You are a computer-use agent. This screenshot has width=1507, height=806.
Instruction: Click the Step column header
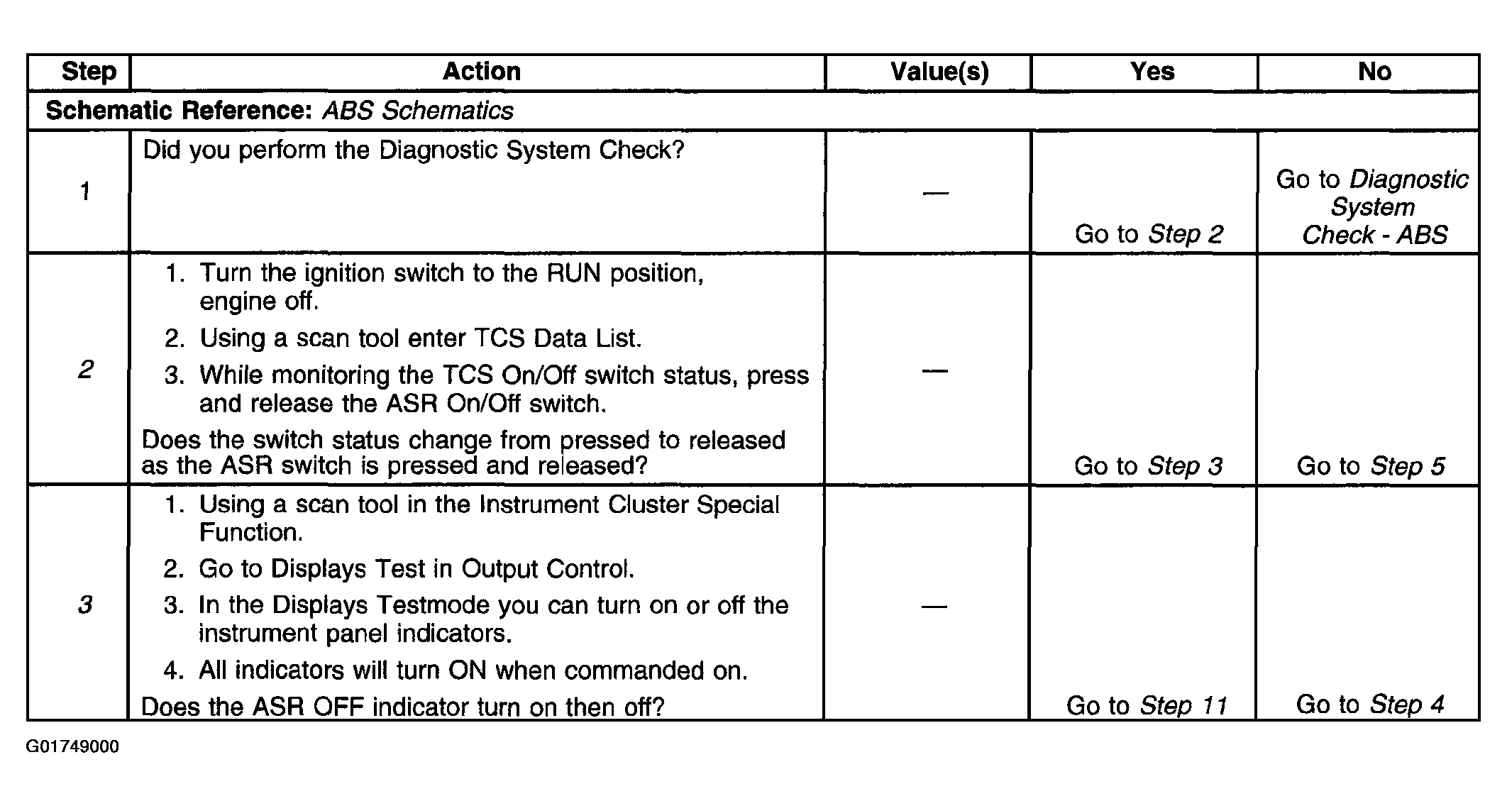tap(89, 72)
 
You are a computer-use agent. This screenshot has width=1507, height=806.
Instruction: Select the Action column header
tap(482, 72)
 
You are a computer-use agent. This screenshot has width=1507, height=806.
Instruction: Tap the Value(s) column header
tap(939, 72)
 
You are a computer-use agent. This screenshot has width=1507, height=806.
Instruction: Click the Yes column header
tap(1152, 72)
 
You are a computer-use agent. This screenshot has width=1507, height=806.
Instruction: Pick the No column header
tap(1374, 72)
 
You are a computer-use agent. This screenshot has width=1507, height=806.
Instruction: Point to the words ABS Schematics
tap(418, 111)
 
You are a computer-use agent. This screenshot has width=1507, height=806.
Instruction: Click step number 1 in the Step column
tap(85, 191)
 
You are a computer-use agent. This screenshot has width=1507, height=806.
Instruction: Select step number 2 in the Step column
tap(85, 369)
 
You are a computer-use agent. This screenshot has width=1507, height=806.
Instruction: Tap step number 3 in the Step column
tap(85, 604)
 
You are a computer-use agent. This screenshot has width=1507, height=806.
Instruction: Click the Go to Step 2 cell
tap(1149, 234)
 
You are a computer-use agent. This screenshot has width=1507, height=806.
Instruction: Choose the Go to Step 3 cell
tap(1148, 466)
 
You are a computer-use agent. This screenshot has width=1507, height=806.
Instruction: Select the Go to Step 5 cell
tap(1371, 466)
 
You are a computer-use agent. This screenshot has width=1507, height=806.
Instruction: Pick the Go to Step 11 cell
tap(1147, 705)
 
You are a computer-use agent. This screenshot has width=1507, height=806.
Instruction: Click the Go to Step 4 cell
tap(1370, 705)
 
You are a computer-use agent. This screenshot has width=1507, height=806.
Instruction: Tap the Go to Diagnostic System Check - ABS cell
tap(1373, 207)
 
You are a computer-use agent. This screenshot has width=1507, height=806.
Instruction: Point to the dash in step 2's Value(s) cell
tap(934, 371)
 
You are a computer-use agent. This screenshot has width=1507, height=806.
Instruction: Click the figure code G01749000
tap(72, 747)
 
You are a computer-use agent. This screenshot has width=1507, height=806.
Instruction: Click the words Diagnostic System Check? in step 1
tap(531, 150)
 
